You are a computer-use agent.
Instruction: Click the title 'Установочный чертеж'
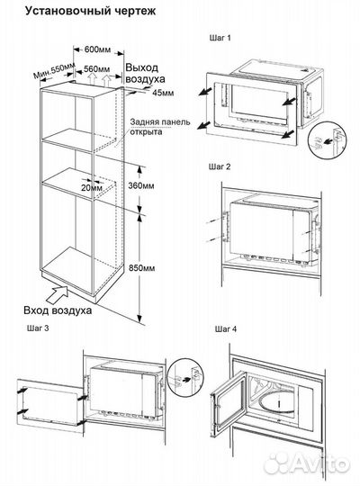point(90,11)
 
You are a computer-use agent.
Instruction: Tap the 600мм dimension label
point(97,49)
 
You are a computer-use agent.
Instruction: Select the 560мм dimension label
point(96,68)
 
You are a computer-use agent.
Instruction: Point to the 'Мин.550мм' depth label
point(54,71)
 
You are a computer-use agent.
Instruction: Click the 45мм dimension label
point(163,93)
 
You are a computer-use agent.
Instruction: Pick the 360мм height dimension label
point(141,186)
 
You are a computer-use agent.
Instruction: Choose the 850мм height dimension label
point(141,268)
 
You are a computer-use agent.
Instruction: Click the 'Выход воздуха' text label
point(145,73)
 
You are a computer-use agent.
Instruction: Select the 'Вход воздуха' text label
point(58,310)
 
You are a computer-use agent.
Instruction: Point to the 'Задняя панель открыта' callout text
point(159,127)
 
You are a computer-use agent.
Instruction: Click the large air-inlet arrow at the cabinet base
point(58,295)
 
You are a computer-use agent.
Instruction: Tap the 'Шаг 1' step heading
point(220,38)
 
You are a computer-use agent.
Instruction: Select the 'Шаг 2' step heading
point(220,166)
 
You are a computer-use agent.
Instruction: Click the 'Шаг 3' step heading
point(38,328)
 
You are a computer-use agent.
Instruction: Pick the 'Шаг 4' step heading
point(226,328)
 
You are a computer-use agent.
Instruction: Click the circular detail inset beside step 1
point(328,142)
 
